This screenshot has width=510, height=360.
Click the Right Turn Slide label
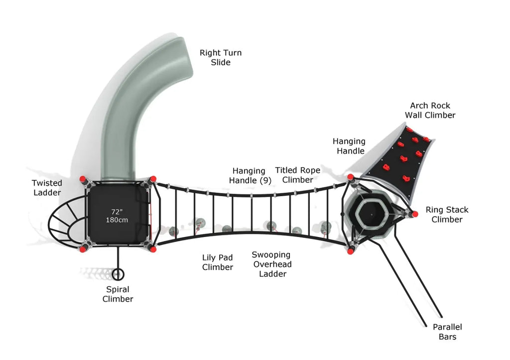click(x=221, y=57)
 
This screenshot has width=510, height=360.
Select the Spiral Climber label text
click(x=118, y=294)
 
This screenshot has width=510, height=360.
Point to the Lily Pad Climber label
click(x=218, y=262)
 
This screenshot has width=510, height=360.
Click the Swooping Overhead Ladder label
click(x=272, y=264)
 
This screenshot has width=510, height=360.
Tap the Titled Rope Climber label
click(x=298, y=175)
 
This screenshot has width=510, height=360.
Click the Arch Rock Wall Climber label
click(x=430, y=110)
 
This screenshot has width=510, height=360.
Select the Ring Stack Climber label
click(x=447, y=215)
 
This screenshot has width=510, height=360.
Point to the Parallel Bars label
click(x=447, y=332)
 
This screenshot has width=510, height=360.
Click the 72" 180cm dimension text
click(x=117, y=216)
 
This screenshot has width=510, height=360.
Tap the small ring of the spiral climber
click(x=118, y=274)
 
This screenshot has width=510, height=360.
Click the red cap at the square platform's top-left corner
click(x=83, y=179)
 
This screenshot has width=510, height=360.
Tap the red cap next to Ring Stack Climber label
click(x=413, y=214)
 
